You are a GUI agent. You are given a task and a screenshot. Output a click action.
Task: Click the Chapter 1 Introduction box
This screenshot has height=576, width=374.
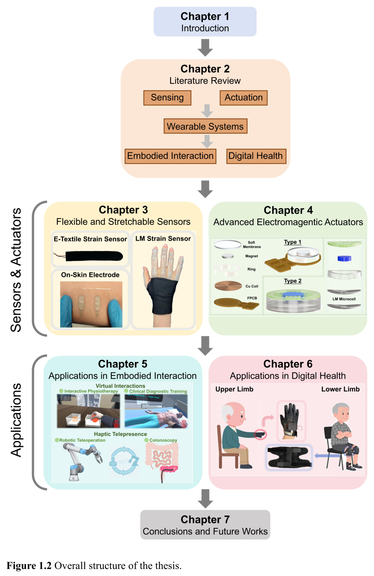[x=205, y=21]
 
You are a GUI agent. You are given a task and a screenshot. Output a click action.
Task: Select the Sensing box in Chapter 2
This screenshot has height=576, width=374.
[x=167, y=98]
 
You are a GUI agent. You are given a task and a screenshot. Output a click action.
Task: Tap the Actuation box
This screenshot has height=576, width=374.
[x=243, y=98]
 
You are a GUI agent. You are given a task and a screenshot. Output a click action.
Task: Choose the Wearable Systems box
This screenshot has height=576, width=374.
[x=205, y=126]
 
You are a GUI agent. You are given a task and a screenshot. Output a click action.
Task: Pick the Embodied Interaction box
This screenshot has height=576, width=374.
[x=170, y=156]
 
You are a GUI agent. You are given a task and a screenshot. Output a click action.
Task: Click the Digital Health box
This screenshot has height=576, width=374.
[x=256, y=156]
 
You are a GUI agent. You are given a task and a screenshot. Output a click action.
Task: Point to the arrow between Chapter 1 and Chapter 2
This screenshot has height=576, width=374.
[x=205, y=47]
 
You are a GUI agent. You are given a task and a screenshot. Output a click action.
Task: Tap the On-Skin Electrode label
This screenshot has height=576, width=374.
[x=90, y=275]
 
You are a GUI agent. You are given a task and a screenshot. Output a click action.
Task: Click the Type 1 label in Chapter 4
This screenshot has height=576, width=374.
[x=293, y=242]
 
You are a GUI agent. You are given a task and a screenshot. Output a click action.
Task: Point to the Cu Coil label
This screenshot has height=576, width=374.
[x=252, y=286]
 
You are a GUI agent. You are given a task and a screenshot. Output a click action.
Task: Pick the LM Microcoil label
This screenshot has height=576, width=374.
[x=344, y=299]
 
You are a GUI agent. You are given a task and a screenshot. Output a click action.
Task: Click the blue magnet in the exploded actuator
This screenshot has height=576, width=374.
[x=344, y=258]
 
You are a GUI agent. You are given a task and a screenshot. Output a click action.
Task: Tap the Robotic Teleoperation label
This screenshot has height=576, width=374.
[x=82, y=440]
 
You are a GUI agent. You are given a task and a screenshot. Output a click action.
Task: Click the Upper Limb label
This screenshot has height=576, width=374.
[x=234, y=389]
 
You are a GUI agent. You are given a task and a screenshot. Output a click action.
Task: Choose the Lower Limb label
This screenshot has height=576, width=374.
[x=340, y=389]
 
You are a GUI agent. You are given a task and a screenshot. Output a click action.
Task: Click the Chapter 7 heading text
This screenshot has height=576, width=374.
[x=205, y=520]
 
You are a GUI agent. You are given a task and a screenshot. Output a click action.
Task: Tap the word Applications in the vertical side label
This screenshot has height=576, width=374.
[x=16, y=420]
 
